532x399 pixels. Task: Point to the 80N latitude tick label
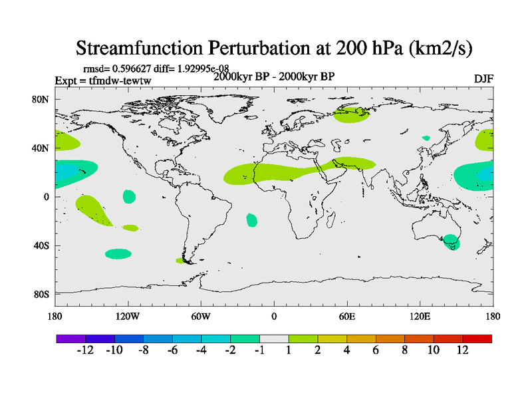click(x=41, y=100)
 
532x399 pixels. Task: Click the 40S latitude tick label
click(x=41, y=245)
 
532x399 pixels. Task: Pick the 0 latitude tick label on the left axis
click(x=46, y=197)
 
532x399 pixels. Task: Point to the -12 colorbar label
click(x=84, y=350)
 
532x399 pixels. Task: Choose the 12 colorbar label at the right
click(x=463, y=350)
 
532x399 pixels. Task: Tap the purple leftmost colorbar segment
click(x=70, y=338)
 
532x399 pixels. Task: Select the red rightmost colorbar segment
click(x=477, y=338)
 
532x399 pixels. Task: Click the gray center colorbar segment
click(x=274, y=338)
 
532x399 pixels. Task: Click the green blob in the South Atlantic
click(x=251, y=220)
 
